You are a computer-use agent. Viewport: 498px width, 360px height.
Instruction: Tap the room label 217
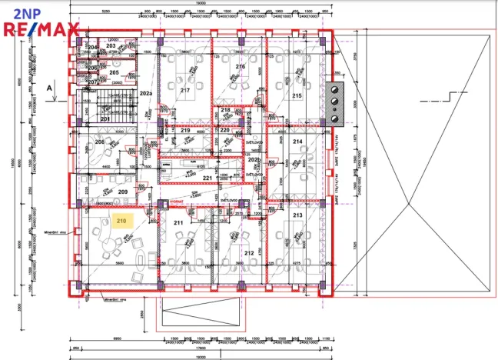pyautogui.click(x=184, y=90)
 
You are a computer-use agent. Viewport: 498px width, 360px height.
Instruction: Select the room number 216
pyautogui.click(x=240, y=67)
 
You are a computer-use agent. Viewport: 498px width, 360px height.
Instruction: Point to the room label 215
pyautogui.click(x=297, y=95)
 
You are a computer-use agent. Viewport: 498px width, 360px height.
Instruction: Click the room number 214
pyautogui.click(x=297, y=142)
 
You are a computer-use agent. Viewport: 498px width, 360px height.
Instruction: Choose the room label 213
pyautogui.click(x=297, y=216)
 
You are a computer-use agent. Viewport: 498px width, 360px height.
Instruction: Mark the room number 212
pyautogui.click(x=249, y=252)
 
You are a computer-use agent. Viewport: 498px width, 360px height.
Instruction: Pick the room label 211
pyautogui.click(x=178, y=223)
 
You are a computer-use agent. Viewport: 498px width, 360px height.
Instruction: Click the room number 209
pyautogui.click(x=122, y=192)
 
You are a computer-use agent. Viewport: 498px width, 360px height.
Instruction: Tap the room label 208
pyautogui.click(x=99, y=142)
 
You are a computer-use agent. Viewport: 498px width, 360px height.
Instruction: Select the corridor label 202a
pyautogui.click(x=145, y=92)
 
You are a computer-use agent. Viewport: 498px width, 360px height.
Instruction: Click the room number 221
pyautogui.click(x=207, y=178)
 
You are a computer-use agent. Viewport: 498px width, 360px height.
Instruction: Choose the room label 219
pyautogui.click(x=185, y=131)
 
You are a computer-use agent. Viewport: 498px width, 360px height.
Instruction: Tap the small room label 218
pyautogui.click(x=225, y=111)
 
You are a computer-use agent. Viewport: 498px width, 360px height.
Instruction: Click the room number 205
pyautogui.click(x=114, y=72)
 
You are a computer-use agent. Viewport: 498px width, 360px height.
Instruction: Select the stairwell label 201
pyautogui.click(x=105, y=118)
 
